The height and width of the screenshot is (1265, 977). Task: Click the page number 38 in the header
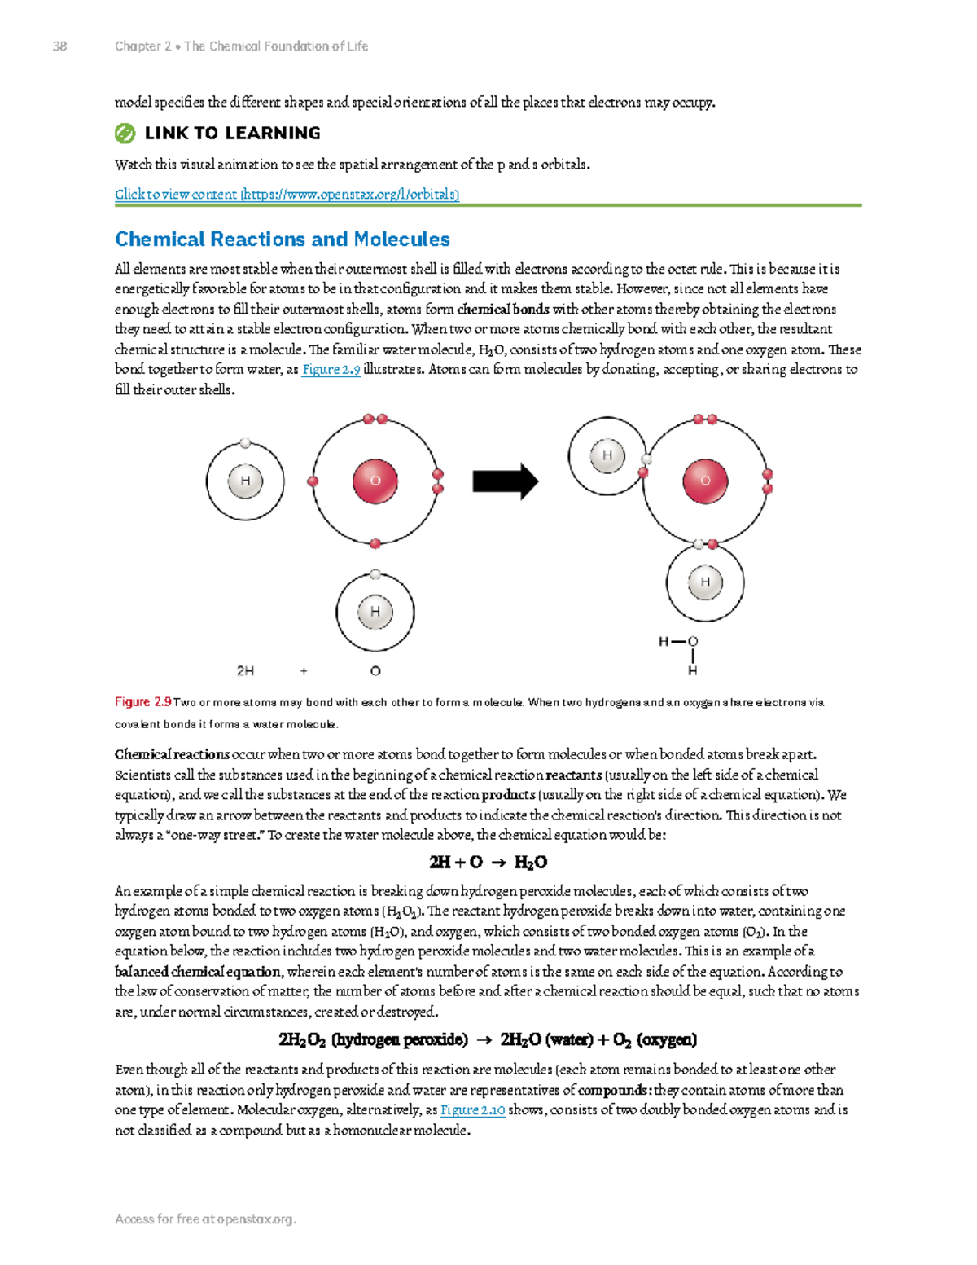(x=59, y=46)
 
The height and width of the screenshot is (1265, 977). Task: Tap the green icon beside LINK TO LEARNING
(x=125, y=134)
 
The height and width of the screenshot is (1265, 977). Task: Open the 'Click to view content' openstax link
(x=287, y=194)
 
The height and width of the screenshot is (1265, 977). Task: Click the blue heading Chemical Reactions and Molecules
(x=282, y=239)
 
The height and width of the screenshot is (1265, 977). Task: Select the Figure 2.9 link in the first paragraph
(x=331, y=370)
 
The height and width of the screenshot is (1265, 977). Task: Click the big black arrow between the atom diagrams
(x=505, y=481)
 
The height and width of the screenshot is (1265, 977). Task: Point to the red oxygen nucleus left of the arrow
(x=375, y=481)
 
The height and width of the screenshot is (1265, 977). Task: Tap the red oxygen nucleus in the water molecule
(x=705, y=481)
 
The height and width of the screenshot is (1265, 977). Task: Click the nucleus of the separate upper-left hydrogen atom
(x=245, y=481)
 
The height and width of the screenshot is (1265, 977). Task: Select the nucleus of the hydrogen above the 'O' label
(x=375, y=611)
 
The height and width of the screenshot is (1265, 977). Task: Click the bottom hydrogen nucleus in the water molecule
(x=705, y=582)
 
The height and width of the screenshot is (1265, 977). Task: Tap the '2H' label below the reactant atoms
(x=245, y=671)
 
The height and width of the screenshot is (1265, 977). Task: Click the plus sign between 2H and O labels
(x=304, y=671)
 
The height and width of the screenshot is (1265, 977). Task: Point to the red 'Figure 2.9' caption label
(x=142, y=702)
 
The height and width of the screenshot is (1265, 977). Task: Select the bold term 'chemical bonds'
(x=502, y=310)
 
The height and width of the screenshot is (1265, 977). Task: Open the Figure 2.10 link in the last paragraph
(x=472, y=1110)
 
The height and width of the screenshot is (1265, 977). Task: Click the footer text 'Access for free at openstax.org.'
(x=205, y=1219)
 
